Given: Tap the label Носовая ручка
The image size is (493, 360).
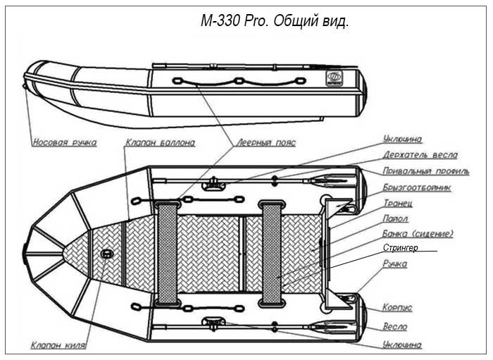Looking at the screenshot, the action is click(65, 142).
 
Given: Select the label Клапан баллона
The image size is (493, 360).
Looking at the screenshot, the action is click(161, 142).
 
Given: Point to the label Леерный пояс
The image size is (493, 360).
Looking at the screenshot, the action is click(266, 142).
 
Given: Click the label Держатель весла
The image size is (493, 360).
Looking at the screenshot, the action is click(420, 155).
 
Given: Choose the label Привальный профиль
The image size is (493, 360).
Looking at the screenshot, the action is click(426, 171).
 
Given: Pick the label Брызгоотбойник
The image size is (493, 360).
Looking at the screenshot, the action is click(417, 187).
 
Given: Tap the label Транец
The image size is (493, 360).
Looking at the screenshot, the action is click(398, 203).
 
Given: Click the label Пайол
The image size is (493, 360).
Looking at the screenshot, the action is click(396, 218).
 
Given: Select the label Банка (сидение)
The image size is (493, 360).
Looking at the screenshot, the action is click(418, 234).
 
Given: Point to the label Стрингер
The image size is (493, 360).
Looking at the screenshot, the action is click(401, 248).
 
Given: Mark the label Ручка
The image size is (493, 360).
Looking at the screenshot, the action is click(395, 263).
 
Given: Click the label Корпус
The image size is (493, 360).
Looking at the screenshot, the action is click(397, 307).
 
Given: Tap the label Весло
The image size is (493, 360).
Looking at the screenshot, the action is click(395, 327).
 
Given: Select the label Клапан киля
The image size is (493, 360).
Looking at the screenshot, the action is click(58, 345).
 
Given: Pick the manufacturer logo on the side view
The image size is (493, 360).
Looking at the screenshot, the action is click(332, 77).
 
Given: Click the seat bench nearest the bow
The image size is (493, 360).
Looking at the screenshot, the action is click(168, 254).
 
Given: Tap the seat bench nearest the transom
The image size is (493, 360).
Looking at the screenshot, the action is click(272, 254).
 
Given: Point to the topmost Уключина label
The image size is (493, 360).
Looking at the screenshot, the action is click(402, 139).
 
